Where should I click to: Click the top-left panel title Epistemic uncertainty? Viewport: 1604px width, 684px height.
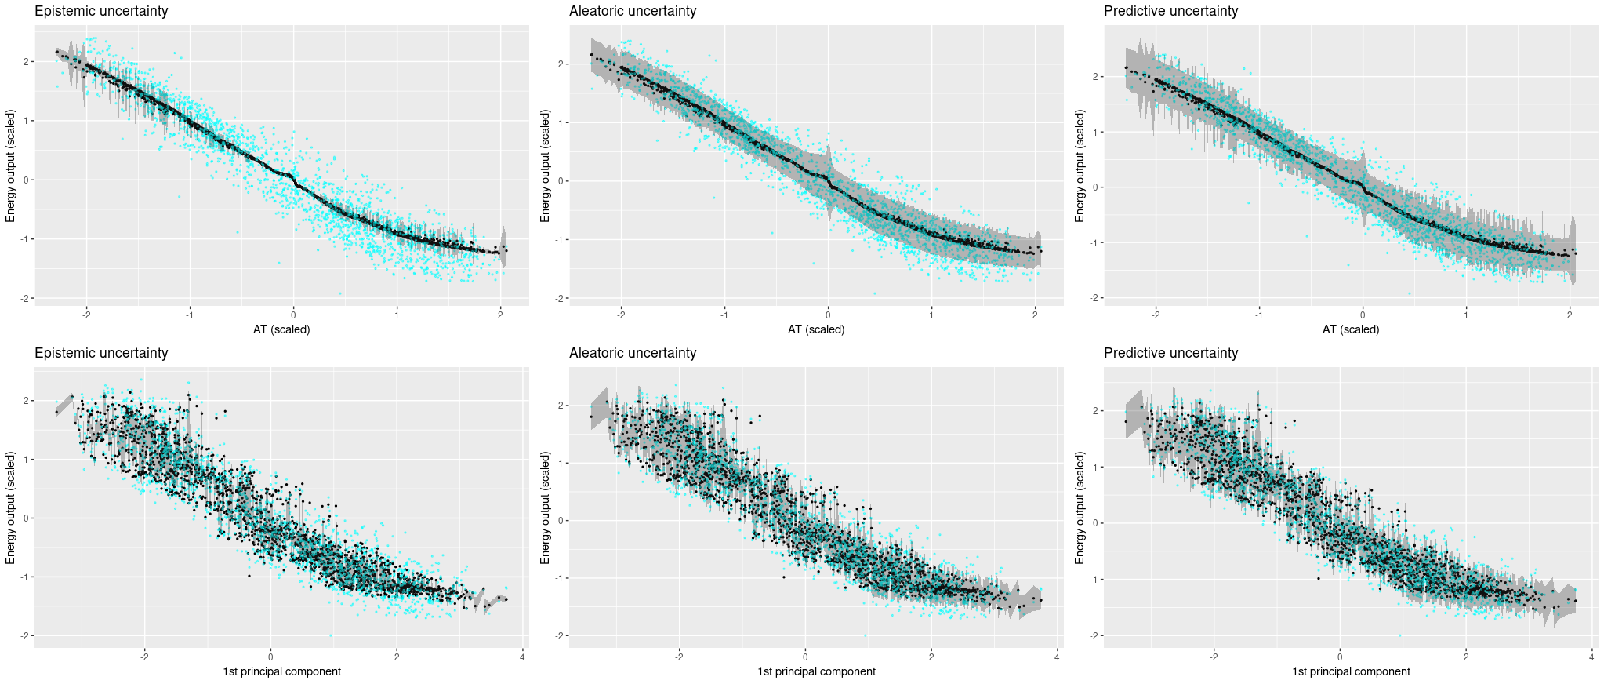[x=100, y=11]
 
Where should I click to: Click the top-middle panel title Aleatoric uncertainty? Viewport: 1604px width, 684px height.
[x=632, y=11]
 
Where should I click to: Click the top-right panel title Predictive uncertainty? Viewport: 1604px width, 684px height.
[x=1170, y=11]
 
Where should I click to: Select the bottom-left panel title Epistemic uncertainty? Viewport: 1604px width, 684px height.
[x=100, y=353]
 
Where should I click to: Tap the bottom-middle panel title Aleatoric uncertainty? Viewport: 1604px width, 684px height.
[x=632, y=353]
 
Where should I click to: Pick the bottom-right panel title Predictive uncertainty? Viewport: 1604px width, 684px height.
[x=1170, y=353]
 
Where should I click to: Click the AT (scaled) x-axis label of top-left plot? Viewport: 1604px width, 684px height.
[x=281, y=329]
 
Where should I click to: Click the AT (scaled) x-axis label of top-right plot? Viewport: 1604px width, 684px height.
[x=1351, y=329]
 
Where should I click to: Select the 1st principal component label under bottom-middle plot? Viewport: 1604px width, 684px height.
[x=816, y=671]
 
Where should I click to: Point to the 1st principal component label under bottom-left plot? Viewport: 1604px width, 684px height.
[x=281, y=671]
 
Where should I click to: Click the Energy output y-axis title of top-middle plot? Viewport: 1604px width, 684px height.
[x=545, y=166]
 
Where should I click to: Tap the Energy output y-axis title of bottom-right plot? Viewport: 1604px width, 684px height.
[x=1080, y=508]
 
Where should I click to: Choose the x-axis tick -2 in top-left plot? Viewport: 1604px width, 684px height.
[x=85, y=315]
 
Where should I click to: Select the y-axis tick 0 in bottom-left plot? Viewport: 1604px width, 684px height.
[x=27, y=518]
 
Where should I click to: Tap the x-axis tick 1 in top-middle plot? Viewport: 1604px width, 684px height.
[x=931, y=315]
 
